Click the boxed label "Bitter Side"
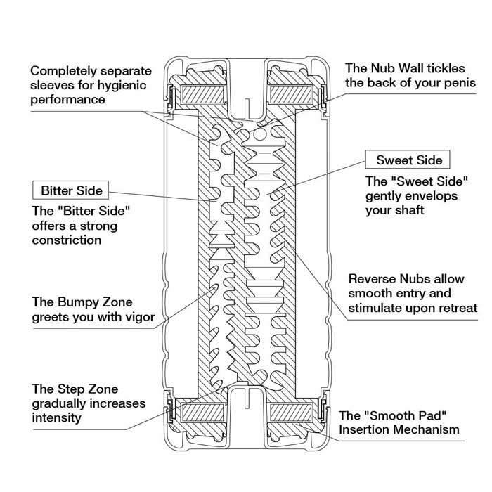click(x=72, y=190)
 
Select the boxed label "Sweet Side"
click(x=404, y=160)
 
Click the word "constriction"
click(x=67, y=240)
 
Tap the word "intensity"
click(x=56, y=418)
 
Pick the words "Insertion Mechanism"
click(x=399, y=429)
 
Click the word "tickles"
click(x=448, y=69)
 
